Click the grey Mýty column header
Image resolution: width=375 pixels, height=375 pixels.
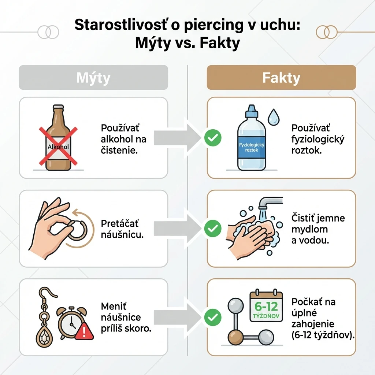pyautogui.click(x=93, y=78)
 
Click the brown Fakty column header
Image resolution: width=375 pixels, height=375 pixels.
pyautogui.click(x=281, y=78)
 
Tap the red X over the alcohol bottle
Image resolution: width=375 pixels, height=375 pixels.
pyautogui.click(x=58, y=146)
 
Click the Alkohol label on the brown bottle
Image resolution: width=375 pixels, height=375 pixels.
pyautogui.click(x=58, y=146)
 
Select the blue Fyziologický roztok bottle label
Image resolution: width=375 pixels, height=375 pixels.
pyautogui.click(x=252, y=147)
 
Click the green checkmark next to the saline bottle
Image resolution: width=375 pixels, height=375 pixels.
pyautogui.click(x=213, y=138)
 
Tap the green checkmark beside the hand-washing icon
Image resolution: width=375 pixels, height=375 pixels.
pyautogui.click(x=213, y=229)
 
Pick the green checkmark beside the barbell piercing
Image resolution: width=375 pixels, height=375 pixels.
pyautogui.click(x=213, y=317)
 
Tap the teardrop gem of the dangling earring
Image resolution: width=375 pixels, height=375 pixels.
pyautogui.click(x=44, y=337)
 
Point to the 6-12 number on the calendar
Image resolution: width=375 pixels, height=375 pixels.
pyautogui.click(x=266, y=307)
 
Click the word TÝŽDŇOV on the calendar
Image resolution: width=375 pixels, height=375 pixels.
pyautogui.click(x=266, y=316)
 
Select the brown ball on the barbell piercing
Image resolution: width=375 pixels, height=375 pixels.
pyautogui.click(x=235, y=337)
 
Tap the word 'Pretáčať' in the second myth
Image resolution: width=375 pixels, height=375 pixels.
pyautogui.click(x=120, y=224)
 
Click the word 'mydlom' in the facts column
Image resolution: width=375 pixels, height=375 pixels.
pyautogui.click(x=309, y=229)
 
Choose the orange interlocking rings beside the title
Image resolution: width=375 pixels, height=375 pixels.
pyautogui.click(x=326, y=32)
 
